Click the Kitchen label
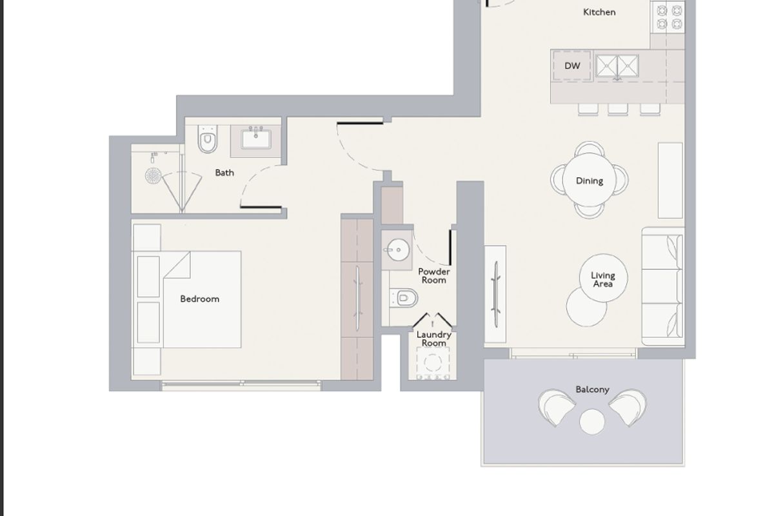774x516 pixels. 599,12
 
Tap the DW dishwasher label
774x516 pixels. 572,66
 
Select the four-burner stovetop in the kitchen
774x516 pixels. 668,17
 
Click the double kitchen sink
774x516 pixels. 617,66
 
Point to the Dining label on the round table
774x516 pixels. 590,181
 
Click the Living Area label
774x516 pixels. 603,279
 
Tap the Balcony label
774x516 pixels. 592,390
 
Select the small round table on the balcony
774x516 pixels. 592,421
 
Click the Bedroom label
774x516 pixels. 200,299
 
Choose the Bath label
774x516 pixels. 224,172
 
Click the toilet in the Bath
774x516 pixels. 208,139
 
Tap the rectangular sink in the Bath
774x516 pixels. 255,139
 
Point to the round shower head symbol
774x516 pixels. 153,175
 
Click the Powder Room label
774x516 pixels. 434,276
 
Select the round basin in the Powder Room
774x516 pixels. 398,250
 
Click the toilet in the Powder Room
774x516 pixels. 404,298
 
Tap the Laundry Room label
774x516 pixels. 434,339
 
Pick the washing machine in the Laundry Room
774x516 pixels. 433,362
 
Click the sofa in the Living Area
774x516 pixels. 663,286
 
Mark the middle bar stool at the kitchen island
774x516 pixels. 618,109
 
